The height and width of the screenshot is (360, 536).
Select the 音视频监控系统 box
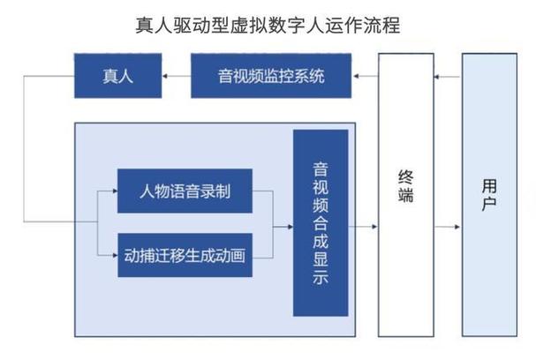point(271,76)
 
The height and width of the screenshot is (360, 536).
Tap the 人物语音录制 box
point(185,191)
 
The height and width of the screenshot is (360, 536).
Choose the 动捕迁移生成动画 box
point(185,256)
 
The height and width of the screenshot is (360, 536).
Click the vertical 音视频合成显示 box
point(321,222)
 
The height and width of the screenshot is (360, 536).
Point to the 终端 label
point(406,185)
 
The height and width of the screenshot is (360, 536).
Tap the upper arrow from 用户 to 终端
point(448,77)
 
